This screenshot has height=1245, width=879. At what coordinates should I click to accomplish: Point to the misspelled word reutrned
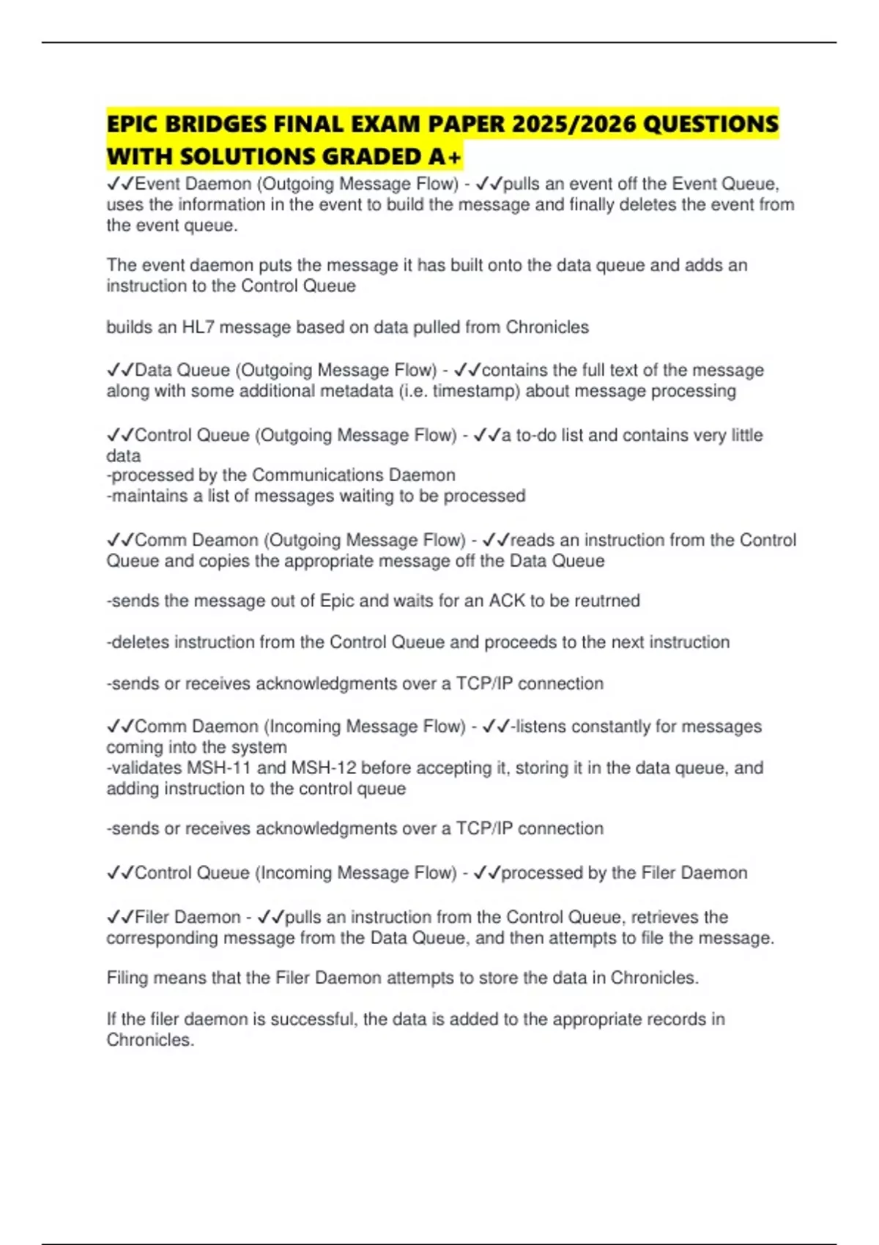click(607, 601)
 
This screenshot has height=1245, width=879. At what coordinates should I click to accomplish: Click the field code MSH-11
click(217, 768)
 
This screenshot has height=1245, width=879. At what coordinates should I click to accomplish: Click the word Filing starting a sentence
click(127, 978)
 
